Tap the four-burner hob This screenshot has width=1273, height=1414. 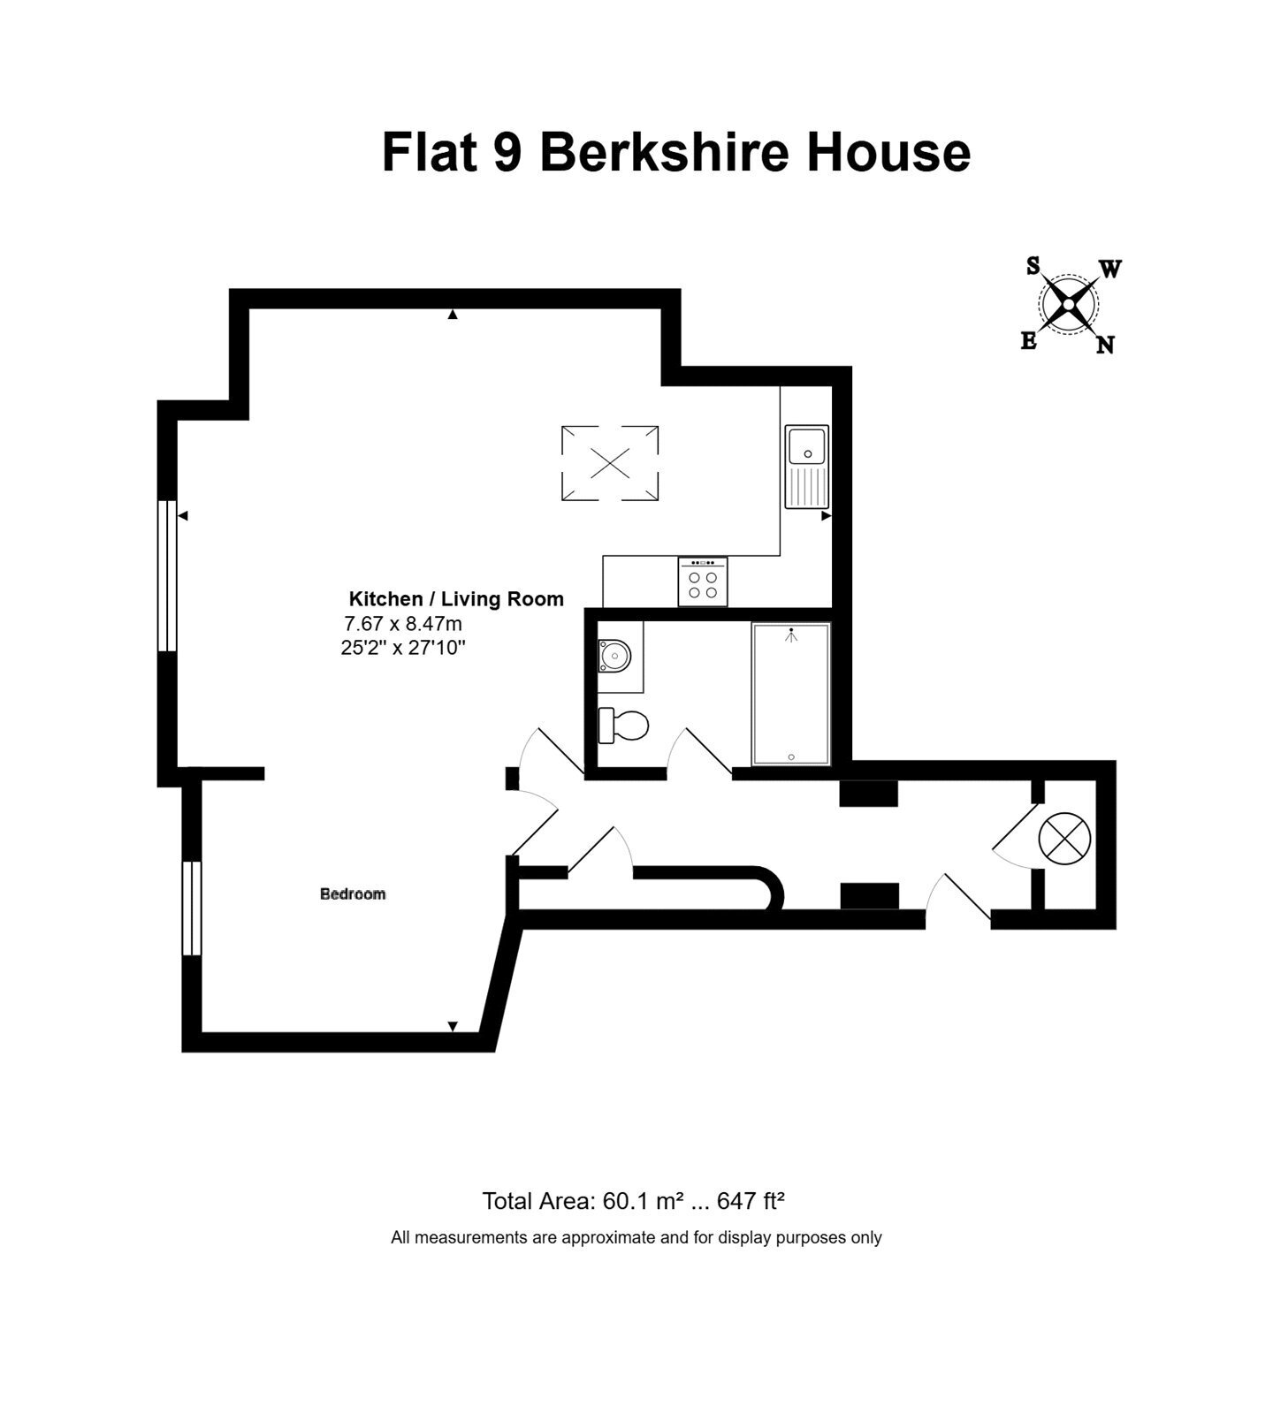(703, 582)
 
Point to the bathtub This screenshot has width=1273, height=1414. (791, 694)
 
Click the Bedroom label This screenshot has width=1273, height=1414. (353, 894)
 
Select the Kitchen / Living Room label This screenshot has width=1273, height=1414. (456, 599)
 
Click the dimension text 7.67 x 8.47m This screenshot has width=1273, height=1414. (403, 623)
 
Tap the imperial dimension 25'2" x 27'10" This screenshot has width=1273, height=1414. (403, 648)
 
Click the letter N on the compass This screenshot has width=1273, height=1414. (1105, 346)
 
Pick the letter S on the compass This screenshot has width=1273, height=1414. (1033, 266)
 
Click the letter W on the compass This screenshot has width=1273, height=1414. (1109, 270)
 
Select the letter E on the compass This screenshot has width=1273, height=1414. (1029, 341)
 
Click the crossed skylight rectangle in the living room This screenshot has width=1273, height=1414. (610, 463)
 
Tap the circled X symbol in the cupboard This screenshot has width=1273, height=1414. (1065, 838)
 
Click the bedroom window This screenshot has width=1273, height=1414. (192, 908)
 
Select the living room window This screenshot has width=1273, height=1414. (167, 576)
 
